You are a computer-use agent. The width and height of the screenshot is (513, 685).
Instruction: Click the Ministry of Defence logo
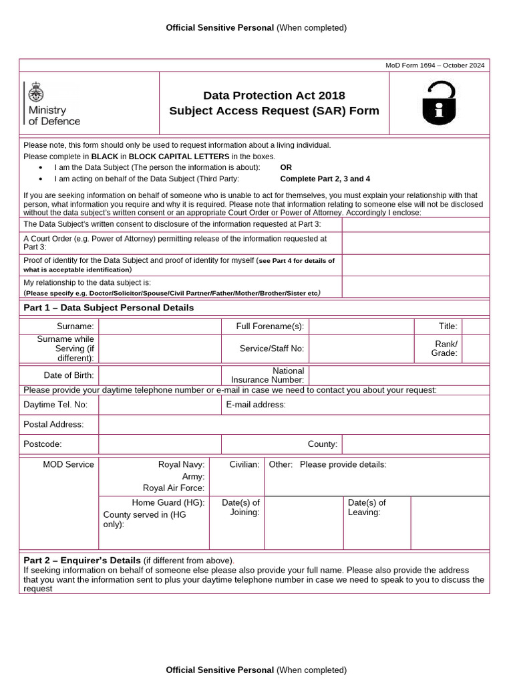(x=52, y=104)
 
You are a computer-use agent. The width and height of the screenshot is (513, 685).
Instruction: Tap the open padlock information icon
(x=439, y=104)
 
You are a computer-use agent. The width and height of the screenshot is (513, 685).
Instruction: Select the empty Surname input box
(x=160, y=326)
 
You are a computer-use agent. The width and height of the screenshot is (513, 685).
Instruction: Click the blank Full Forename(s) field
(x=361, y=326)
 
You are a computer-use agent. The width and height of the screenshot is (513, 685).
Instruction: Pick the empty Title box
(x=476, y=326)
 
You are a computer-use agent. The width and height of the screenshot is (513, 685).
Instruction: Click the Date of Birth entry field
(x=160, y=375)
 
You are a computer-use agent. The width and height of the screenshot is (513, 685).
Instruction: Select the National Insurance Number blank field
(x=399, y=375)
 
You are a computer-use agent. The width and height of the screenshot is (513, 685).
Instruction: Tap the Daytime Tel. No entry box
(x=160, y=405)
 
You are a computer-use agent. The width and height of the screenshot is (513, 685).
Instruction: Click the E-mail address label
(x=256, y=405)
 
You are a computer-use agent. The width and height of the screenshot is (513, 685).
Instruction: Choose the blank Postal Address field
(x=294, y=424)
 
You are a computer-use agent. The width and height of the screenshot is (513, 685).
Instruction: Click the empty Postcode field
(x=160, y=444)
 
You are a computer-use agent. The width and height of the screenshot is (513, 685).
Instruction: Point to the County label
(x=322, y=444)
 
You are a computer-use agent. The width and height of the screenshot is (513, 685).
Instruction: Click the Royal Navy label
(x=181, y=464)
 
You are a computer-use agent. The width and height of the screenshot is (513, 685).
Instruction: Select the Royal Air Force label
(x=174, y=488)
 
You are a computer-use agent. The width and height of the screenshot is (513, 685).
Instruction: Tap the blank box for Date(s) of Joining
(x=303, y=522)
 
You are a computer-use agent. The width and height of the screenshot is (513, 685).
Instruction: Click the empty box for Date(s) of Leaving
(x=450, y=522)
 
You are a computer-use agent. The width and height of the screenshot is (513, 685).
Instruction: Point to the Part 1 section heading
(x=109, y=308)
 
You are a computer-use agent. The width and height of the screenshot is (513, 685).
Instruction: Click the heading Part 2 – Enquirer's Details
(x=82, y=560)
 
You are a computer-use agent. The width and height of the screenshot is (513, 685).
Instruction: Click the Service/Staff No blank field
(x=361, y=349)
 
